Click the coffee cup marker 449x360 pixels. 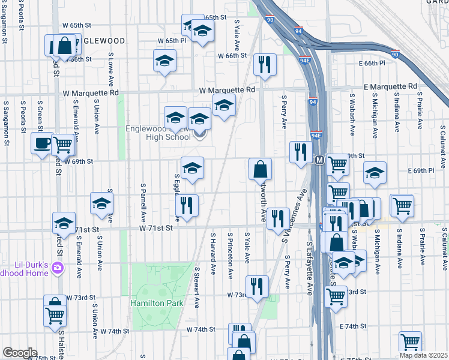pos(42,143)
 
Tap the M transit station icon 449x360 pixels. pos(319,160)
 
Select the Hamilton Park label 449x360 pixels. pos(157,303)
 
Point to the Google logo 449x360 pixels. pos(20,353)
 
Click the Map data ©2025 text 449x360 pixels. pos(423,355)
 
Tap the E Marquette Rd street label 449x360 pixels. pos(390,87)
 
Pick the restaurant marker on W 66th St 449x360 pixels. pos(264,64)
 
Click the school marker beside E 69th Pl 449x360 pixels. pos(375,173)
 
